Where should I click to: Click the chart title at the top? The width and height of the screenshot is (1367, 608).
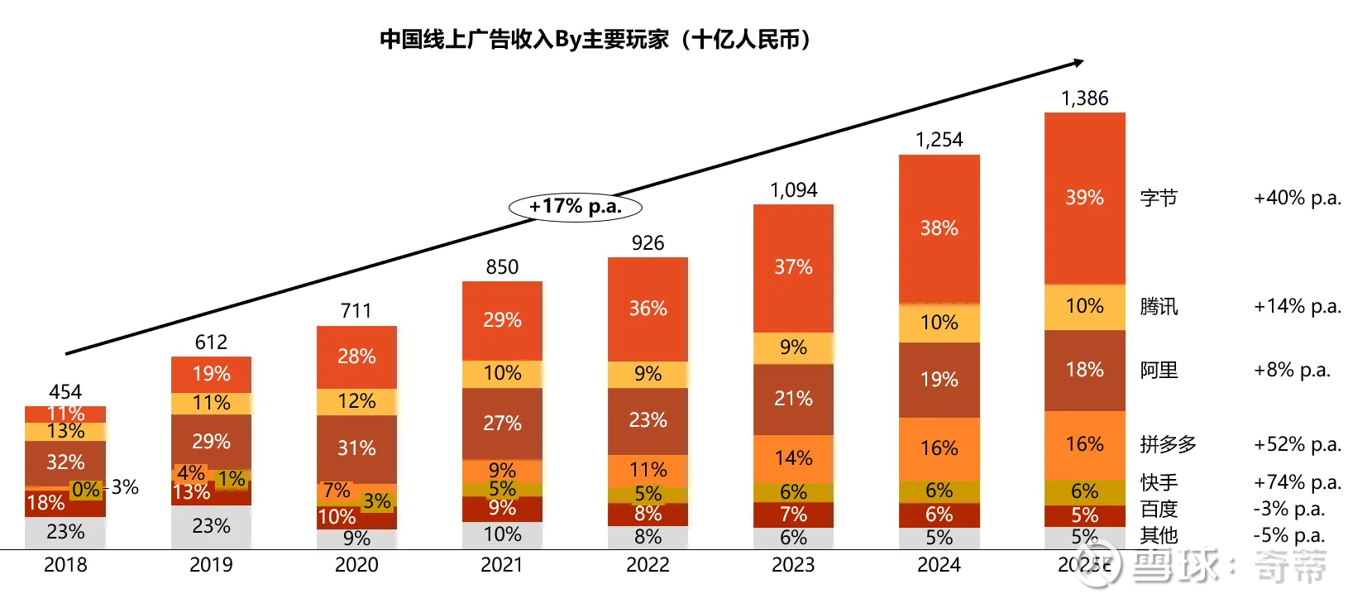coord(595,40)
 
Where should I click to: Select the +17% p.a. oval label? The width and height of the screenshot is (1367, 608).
coord(575,206)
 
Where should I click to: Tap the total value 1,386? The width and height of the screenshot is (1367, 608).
coord(1084,98)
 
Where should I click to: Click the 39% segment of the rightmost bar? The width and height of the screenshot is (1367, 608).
coord(1084,198)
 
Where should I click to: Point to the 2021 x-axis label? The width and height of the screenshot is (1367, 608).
coord(502,565)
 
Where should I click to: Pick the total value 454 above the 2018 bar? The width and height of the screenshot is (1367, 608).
coord(65,391)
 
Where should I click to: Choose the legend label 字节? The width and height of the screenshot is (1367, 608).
coord(1158,199)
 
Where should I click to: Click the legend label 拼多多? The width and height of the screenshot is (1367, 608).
coord(1168,444)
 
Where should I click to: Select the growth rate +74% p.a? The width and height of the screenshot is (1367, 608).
coord(1297,482)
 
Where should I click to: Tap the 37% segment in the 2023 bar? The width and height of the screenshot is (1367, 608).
coord(793,267)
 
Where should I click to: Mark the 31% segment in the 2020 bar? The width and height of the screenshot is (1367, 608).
coord(356,448)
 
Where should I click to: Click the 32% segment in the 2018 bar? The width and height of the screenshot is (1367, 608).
coord(65,462)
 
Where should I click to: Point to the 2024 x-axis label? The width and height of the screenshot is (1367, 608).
coord(939,565)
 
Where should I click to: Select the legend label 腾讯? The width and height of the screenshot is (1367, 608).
coord(1158,307)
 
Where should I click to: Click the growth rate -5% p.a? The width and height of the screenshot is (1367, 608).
coord(1288,535)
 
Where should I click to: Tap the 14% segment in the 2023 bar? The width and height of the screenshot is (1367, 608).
coord(793,458)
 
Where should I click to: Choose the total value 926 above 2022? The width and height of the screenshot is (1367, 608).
coord(648,243)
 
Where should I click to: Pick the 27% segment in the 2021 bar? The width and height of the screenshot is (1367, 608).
coord(502,424)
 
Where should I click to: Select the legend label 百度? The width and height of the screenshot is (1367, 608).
coord(1158,509)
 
